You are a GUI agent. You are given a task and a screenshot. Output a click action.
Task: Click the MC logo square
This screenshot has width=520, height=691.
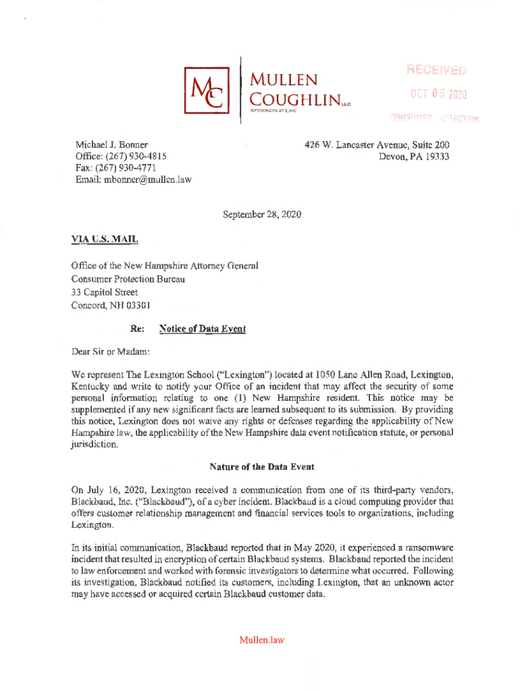[206, 90]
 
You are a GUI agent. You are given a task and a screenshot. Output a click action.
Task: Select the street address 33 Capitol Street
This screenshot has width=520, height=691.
[105, 292]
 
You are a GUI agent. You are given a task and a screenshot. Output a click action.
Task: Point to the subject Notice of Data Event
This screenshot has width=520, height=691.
[203, 329]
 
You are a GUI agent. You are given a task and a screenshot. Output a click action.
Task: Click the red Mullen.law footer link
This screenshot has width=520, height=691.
[261, 640]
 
